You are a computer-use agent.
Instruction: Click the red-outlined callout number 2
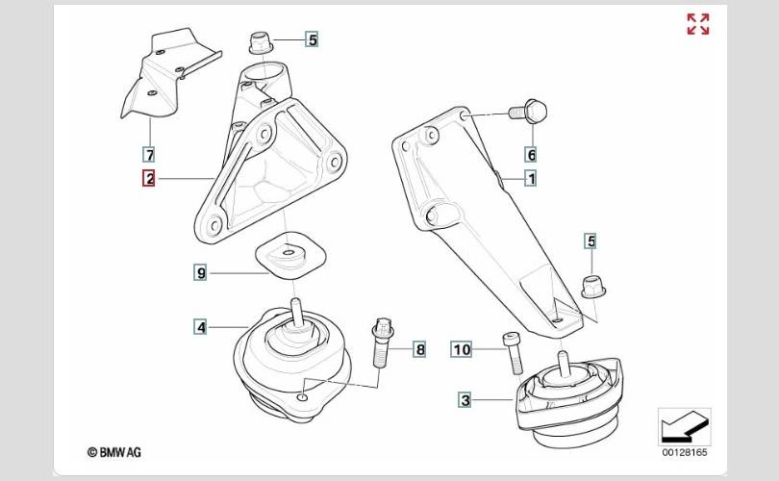coord(149,178)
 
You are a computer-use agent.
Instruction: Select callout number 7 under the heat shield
coord(149,155)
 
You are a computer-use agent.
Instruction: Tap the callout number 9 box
coord(200,273)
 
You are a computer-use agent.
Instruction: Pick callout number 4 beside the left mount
coord(200,327)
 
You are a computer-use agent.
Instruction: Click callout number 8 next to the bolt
coord(420,349)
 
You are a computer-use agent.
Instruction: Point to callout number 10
coord(462,349)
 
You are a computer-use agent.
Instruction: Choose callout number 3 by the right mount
coord(465,400)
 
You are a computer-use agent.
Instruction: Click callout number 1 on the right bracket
coord(531,178)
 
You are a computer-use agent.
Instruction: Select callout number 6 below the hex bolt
coord(531,155)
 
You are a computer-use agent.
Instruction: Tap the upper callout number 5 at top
coord(312,39)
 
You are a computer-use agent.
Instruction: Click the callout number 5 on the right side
coord(591,241)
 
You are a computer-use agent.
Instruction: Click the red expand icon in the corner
coord(698,24)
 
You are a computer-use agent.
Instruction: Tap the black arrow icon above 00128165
coord(684,426)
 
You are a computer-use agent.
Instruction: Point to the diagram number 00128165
coord(684,453)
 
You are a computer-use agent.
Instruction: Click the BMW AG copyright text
coord(114,452)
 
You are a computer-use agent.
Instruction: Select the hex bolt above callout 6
coord(529,112)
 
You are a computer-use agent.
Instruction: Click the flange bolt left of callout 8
coord(382,342)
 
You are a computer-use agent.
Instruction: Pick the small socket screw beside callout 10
coord(514,353)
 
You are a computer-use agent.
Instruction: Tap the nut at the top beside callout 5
coord(261,42)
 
